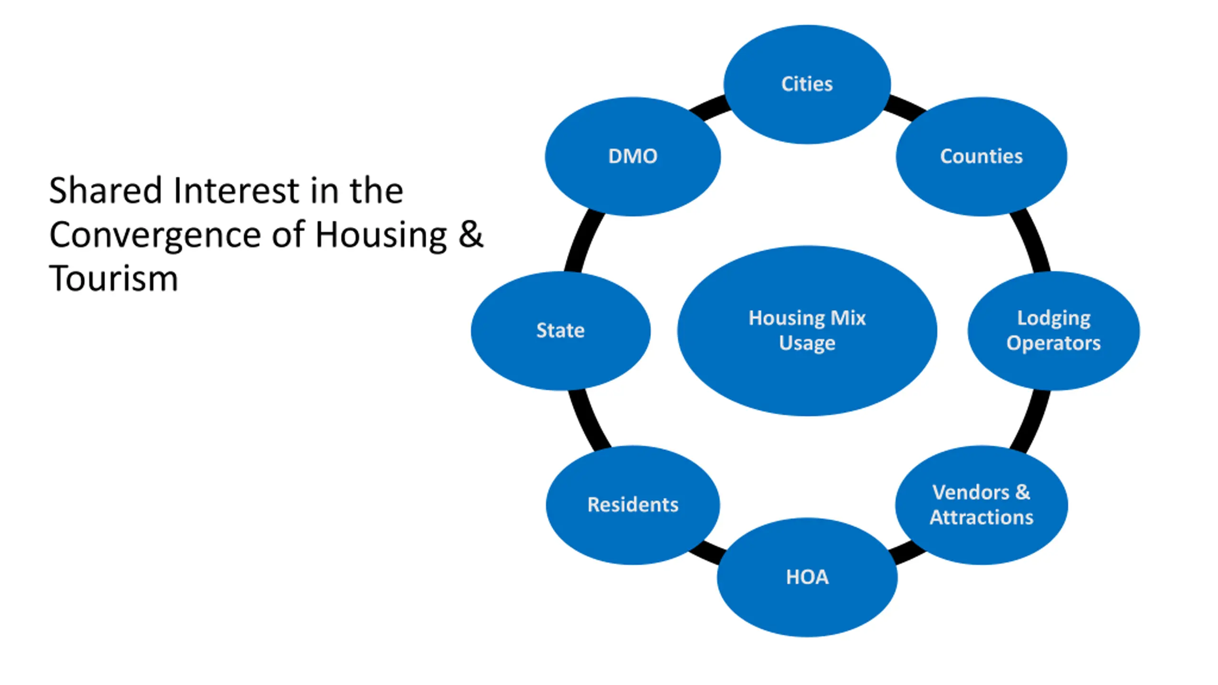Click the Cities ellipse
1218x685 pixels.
(807, 84)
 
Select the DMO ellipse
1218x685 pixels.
(633, 157)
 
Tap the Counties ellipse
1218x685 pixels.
(981, 157)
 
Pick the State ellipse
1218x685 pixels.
(560, 331)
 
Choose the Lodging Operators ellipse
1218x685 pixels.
(1053, 331)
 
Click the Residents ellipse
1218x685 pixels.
(633, 505)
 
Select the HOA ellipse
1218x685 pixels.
(807, 577)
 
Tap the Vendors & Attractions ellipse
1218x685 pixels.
(981, 505)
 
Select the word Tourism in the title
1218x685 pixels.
(113, 278)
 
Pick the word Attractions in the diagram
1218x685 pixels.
(982, 517)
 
